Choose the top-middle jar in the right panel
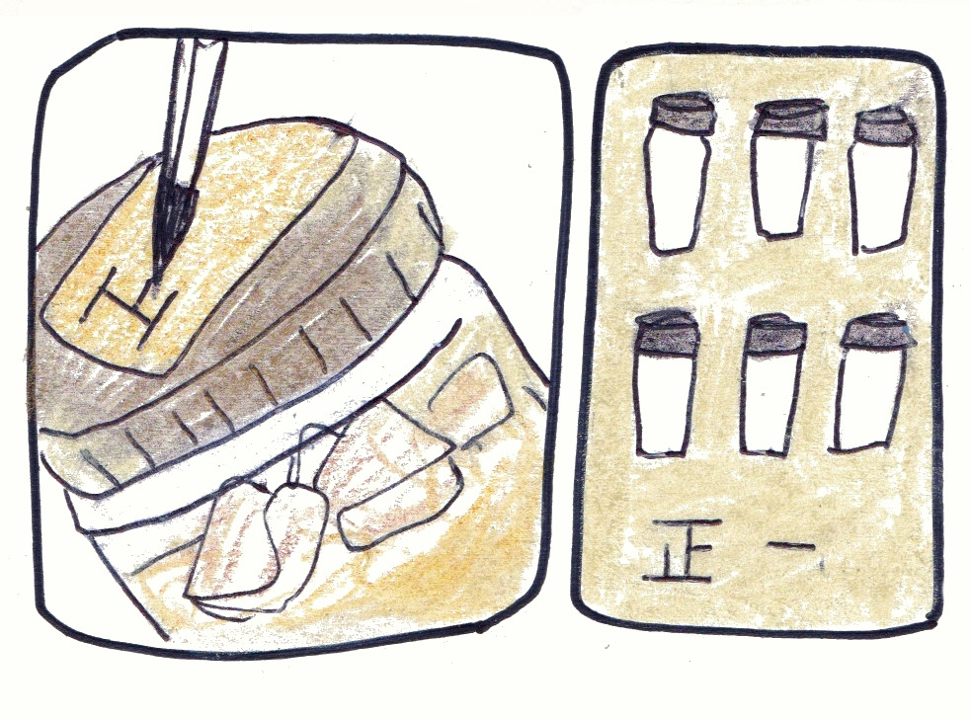(786, 169)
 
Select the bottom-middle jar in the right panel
(772, 386)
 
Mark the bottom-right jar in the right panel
(872, 384)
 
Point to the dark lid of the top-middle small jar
(790, 119)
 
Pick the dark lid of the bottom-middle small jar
(775, 335)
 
